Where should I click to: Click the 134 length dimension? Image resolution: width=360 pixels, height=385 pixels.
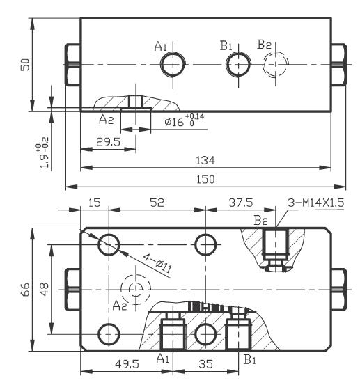205,161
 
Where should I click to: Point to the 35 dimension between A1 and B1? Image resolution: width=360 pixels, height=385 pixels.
205,364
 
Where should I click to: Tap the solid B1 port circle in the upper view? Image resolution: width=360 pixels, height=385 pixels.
237,65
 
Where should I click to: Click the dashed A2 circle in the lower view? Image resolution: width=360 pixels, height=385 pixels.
134,289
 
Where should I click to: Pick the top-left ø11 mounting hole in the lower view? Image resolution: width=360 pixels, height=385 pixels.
109,244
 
